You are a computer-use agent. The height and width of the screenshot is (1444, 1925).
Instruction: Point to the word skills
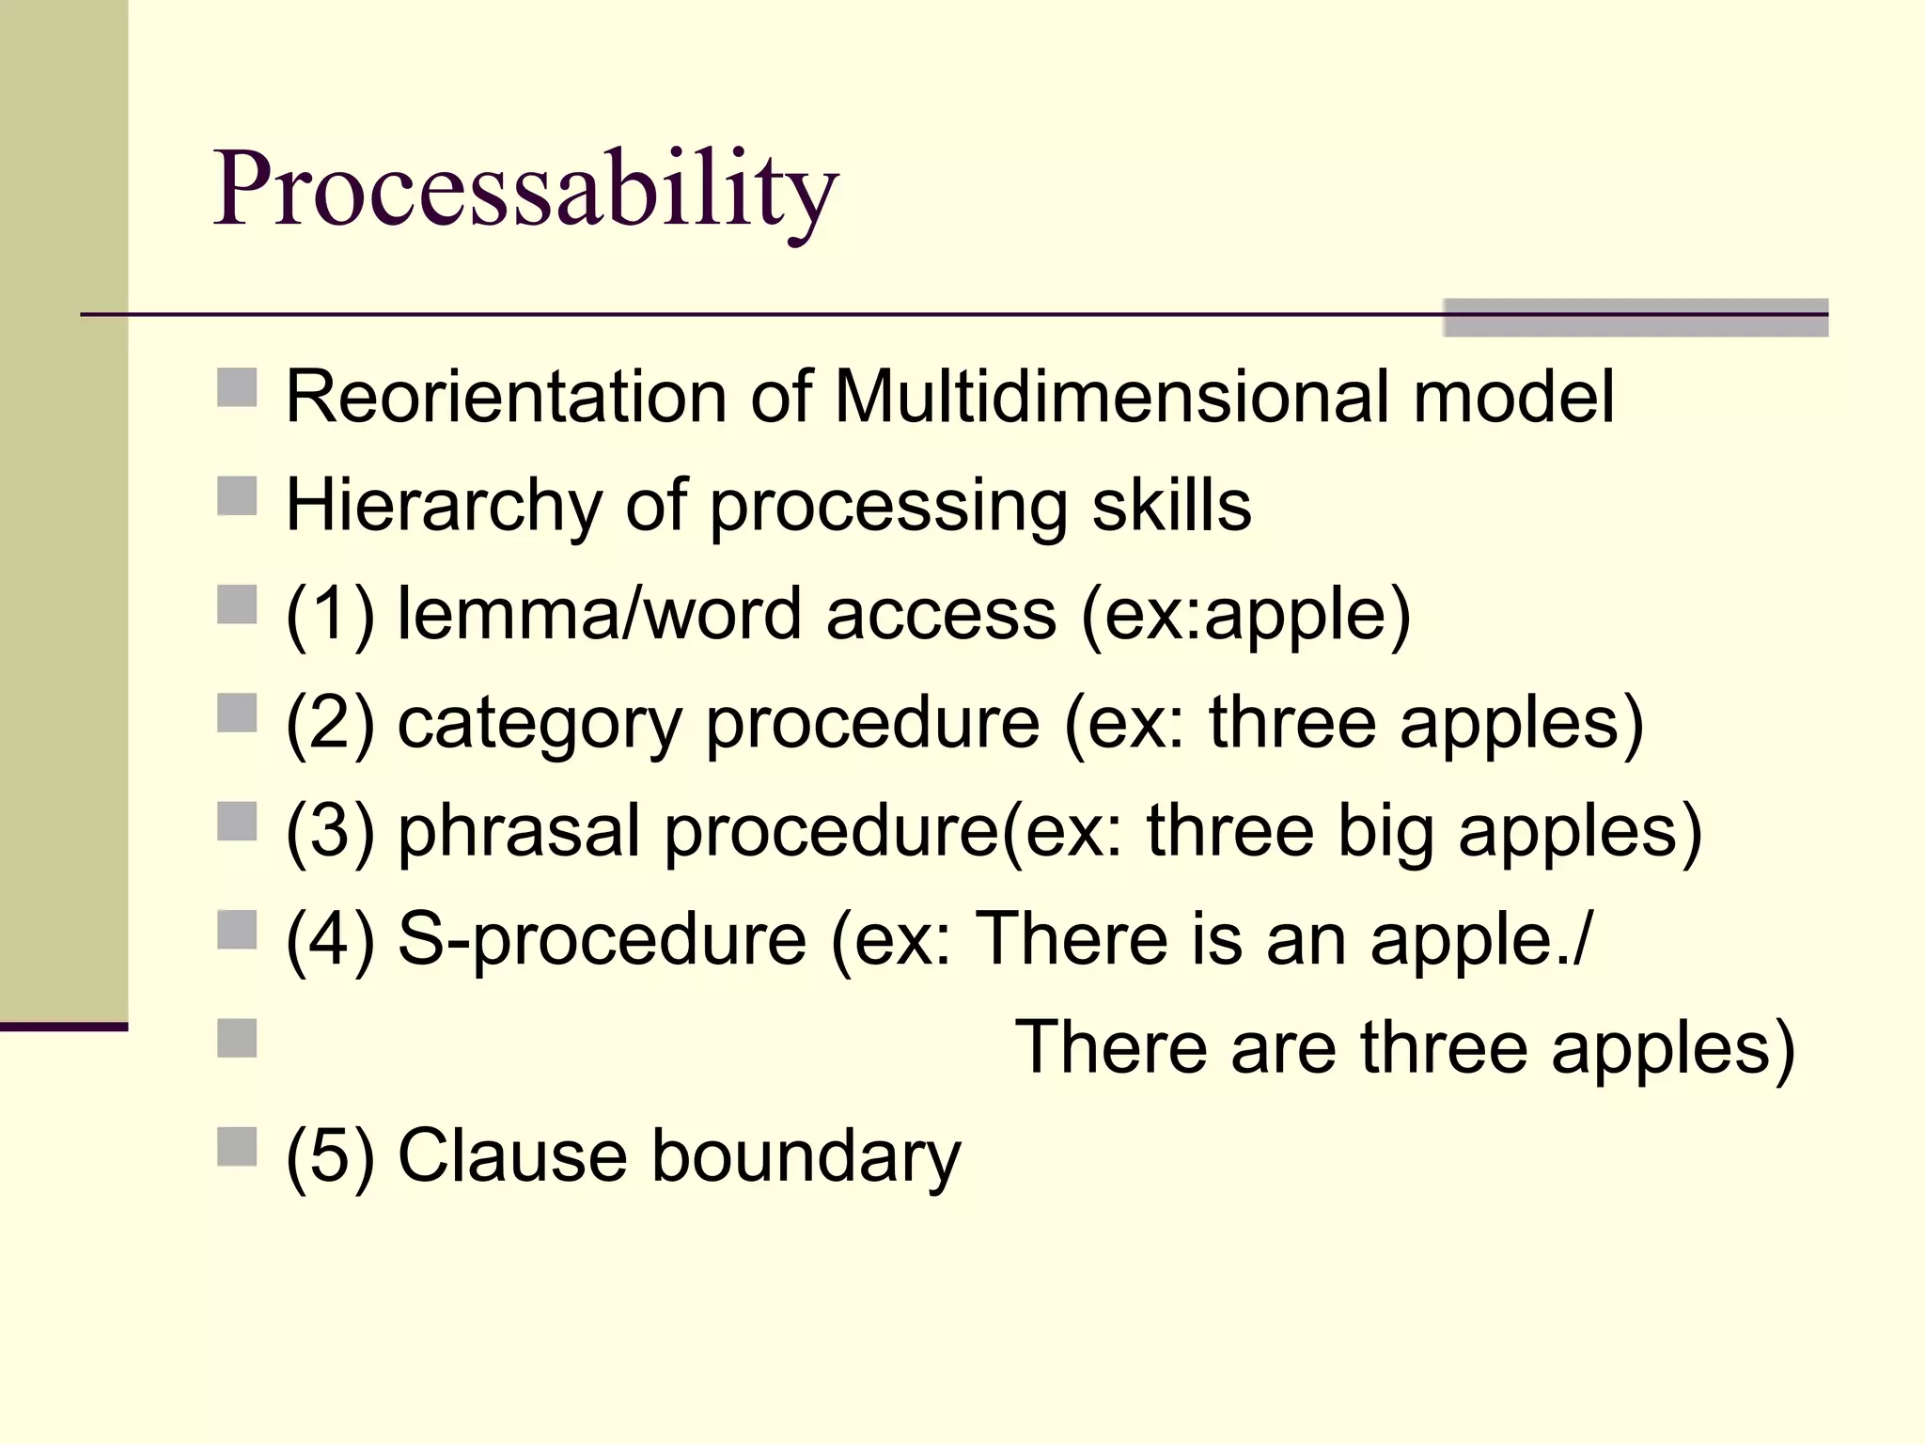click(1171, 506)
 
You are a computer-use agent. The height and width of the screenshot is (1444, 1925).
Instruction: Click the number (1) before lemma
click(330, 615)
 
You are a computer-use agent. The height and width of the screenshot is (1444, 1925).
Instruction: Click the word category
click(540, 724)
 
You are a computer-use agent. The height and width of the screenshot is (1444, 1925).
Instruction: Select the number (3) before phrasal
click(330, 832)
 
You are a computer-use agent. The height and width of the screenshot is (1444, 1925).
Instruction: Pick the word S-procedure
click(602, 939)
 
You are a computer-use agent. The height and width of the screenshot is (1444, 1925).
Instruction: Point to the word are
click(1283, 1047)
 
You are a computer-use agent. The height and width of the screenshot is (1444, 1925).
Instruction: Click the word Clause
click(512, 1155)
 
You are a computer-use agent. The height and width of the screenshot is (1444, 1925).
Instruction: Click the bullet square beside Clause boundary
click(237, 1147)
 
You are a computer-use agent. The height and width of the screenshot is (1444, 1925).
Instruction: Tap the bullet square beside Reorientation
click(237, 387)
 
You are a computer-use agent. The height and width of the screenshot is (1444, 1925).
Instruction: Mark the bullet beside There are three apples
click(237, 1039)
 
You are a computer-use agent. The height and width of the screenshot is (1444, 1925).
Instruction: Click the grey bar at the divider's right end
click(1635, 318)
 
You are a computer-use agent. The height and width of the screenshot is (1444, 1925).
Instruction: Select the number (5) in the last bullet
click(330, 1155)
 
